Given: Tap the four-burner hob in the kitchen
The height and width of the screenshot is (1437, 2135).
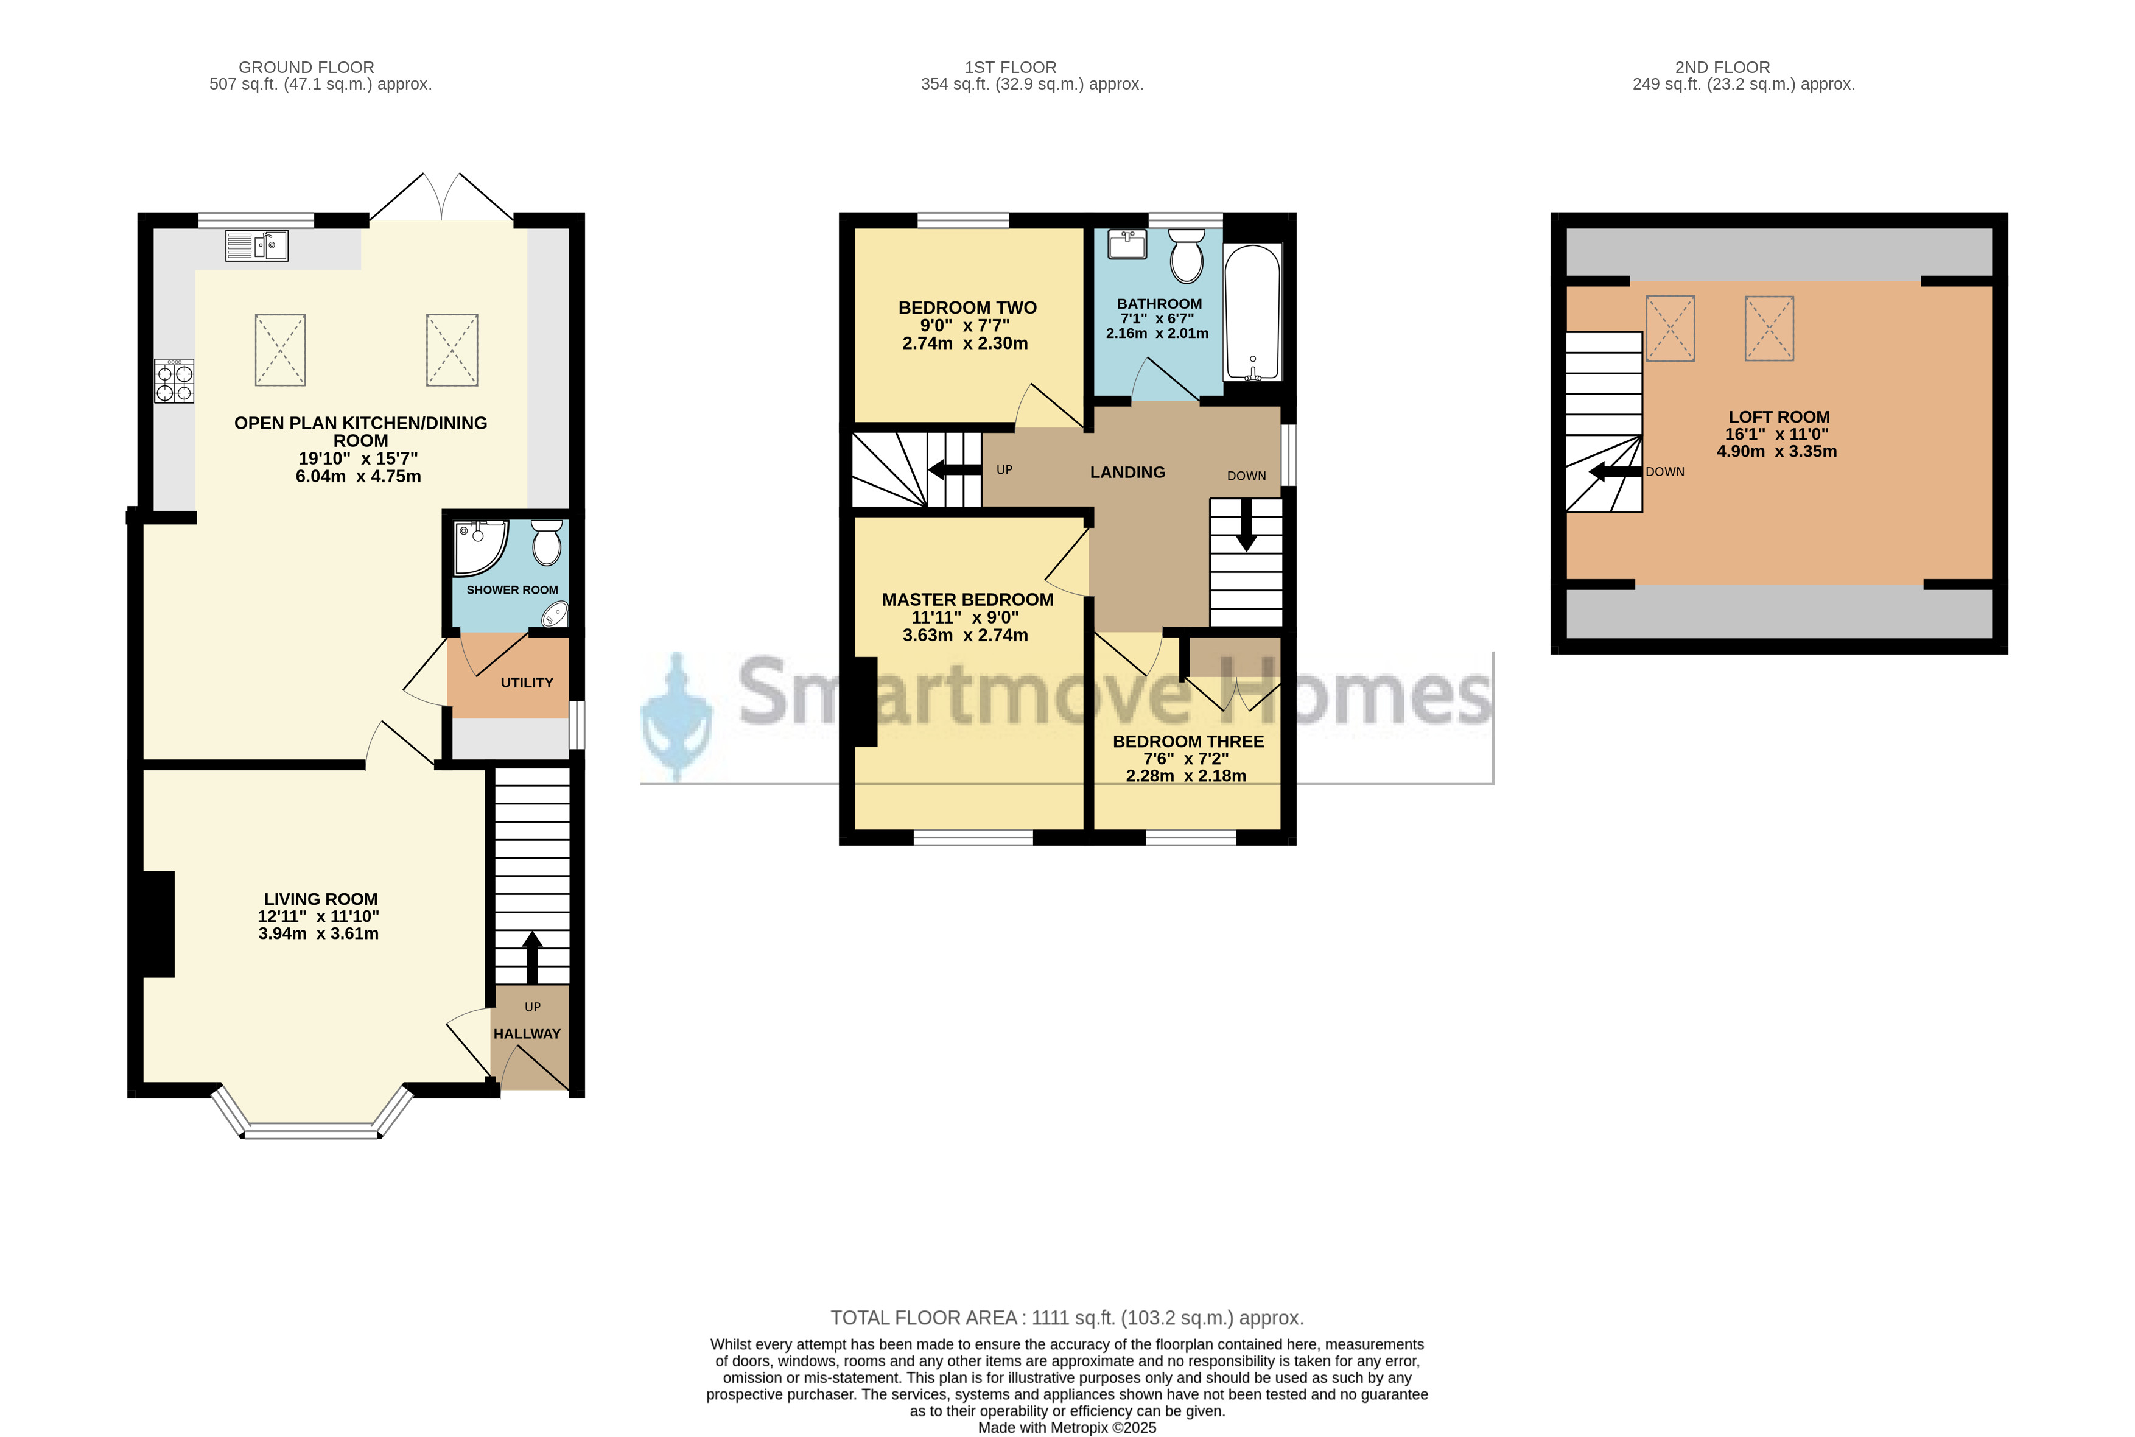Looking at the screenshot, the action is point(174,381).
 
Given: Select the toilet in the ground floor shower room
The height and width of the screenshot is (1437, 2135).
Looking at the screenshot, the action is point(547,543).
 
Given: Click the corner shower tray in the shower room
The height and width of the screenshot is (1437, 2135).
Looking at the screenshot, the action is point(480,548).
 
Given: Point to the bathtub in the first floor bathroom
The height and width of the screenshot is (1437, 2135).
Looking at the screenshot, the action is point(1253,312).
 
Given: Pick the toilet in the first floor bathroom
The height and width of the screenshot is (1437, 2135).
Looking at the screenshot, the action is point(1187,255).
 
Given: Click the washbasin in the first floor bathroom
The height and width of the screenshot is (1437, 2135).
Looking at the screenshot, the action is point(1127,244).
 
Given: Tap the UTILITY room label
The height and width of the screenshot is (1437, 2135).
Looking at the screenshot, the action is point(527,683).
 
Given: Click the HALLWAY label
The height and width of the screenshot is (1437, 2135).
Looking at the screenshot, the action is point(527,1034).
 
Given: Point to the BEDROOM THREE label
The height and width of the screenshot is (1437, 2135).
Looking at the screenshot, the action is point(1188,742).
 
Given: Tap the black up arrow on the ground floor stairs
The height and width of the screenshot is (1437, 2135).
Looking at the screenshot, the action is point(532,958).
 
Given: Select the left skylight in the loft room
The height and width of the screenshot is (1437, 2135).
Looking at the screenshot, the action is point(1670,328).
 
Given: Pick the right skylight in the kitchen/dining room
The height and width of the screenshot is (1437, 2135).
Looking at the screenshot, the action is point(452,350).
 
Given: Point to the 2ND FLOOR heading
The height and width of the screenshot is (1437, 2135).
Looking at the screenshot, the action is point(1723,67).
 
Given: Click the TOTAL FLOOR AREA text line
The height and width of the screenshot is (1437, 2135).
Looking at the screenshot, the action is point(1067,1318).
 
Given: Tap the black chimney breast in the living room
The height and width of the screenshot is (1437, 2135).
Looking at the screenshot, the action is point(158,924).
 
